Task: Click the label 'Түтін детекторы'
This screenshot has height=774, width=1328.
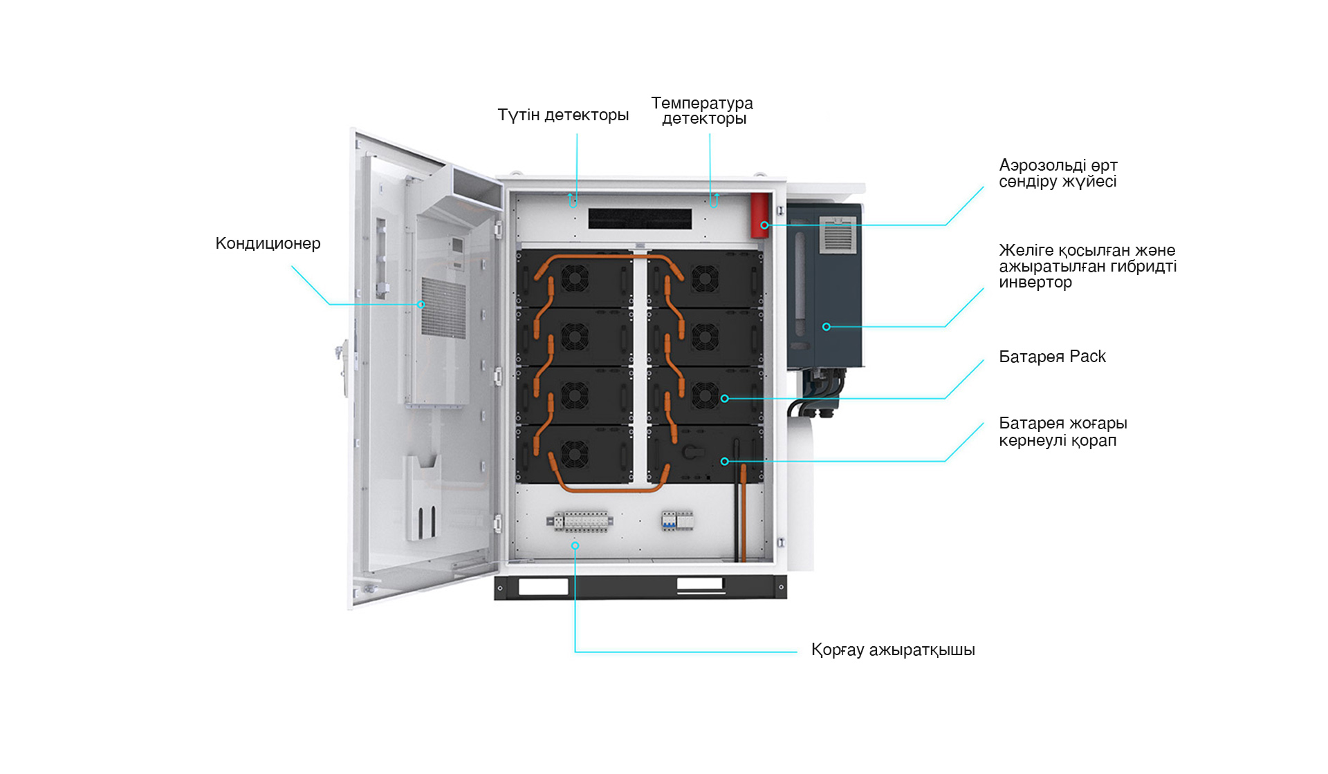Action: tap(563, 115)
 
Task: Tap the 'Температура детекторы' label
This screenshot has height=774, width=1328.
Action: tap(702, 111)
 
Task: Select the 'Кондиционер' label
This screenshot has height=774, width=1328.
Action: tap(268, 243)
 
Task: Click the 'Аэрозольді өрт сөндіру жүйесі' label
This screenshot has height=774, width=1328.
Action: tap(1058, 173)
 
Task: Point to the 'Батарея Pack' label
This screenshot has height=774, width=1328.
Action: tap(1052, 357)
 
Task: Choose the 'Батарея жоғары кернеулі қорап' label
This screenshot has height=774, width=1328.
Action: tap(1062, 431)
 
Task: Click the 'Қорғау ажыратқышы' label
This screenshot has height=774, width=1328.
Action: tap(893, 650)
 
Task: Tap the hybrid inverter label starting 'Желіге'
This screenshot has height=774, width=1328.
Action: tap(1087, 266)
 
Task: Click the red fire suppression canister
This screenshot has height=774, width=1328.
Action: tap(760, 215)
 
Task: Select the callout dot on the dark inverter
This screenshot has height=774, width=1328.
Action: tap(826, 327)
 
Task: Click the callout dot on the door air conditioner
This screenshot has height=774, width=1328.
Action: tap(421, 304)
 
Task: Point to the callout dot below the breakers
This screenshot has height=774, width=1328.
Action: tap(575, 546)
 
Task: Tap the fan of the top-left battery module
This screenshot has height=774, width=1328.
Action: tap(574, 279)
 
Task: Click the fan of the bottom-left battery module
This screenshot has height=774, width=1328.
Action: tap(574, 454)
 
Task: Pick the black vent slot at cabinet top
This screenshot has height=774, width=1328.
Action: tap(640, 219)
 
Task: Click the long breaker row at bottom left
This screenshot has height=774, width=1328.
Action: tap(580, 521)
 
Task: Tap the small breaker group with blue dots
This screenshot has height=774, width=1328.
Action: tap(676, 520)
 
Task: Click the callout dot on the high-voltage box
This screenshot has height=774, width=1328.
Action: tap(724, 461)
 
